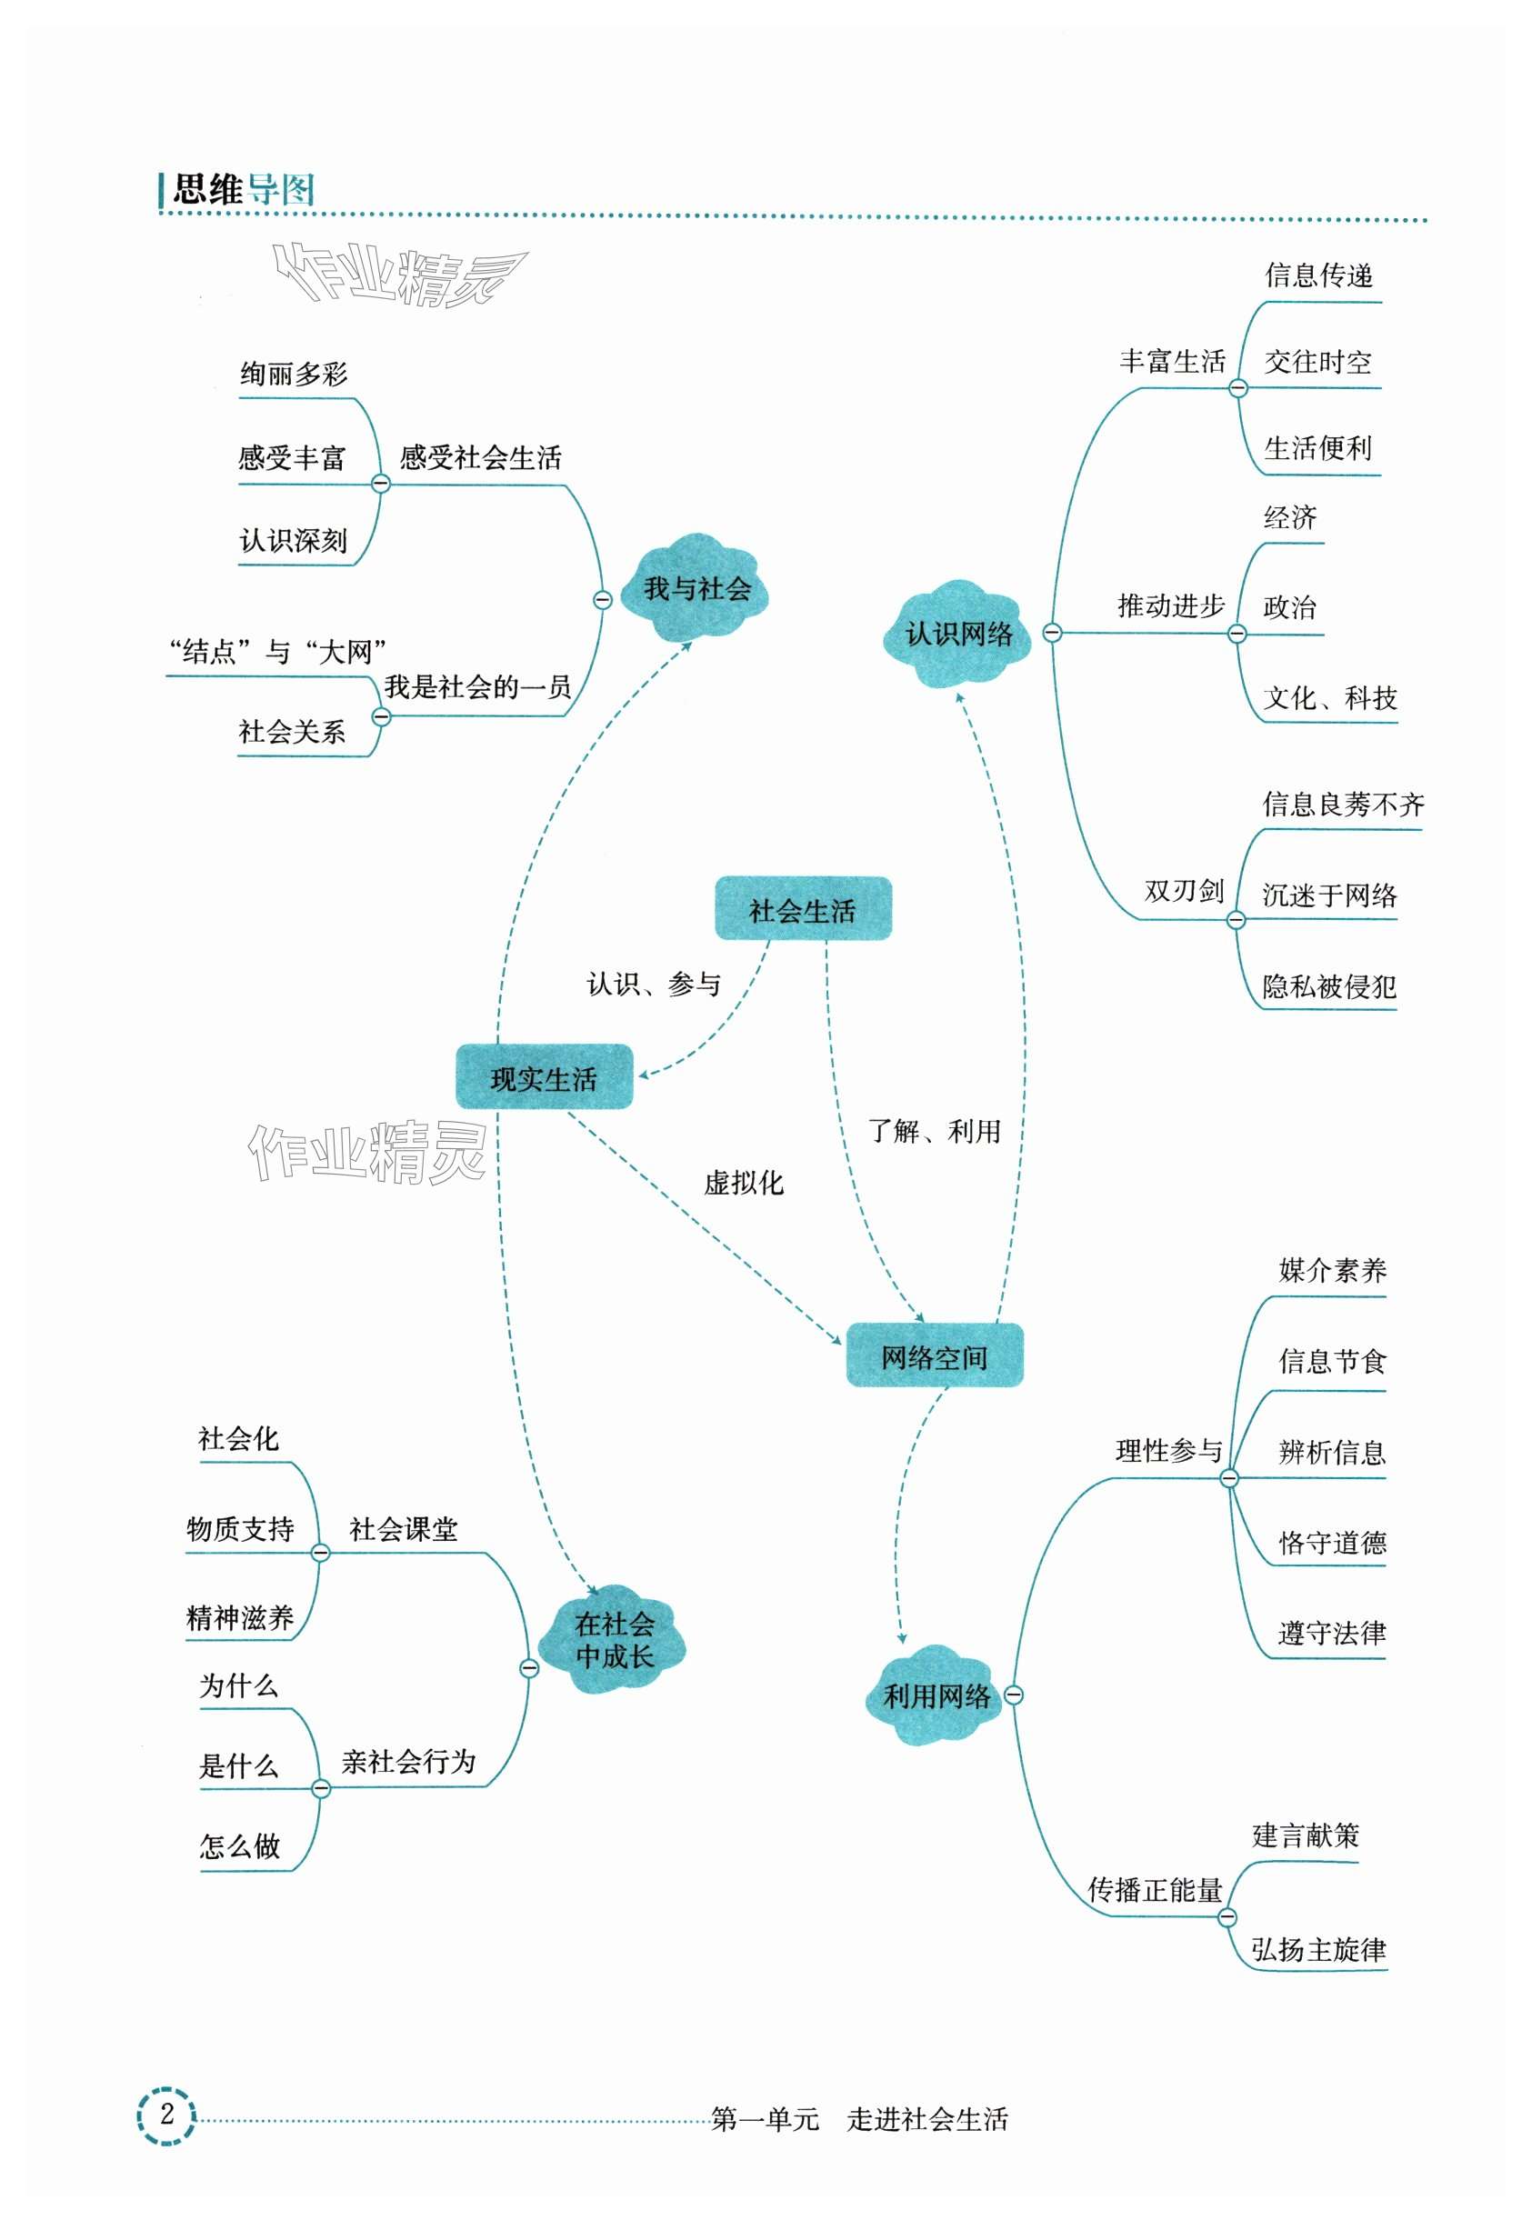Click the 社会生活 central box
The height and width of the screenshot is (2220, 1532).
coord(803,908)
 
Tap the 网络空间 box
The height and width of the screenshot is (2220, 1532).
coord(934,1355)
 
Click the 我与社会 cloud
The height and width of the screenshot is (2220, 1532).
coord(696,587)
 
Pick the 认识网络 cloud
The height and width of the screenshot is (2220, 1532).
coord(958,634)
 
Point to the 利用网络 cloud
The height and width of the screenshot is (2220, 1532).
coord(936,1695)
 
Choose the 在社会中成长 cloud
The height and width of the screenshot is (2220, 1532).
coord(614,1639)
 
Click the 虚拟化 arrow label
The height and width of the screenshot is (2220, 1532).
coord(743,1183)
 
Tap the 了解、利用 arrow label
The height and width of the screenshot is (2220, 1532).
coord(933,1131)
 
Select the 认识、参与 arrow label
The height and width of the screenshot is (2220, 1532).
coord(653,984)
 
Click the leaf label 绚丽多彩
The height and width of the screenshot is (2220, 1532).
coord(294,375)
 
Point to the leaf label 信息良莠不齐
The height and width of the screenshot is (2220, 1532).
coord(1342,805)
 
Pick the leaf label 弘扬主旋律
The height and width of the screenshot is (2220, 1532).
coord(1317,1948)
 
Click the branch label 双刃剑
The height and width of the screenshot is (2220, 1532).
coord(1183,891)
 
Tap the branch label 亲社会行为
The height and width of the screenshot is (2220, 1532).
coord(408,1761)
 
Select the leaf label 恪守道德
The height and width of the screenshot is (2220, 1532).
coord(1331,1543)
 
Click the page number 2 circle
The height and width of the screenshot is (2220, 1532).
coord(166,2114)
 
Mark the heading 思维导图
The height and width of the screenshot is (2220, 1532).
coord(243,190)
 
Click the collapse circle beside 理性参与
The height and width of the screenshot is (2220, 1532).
coord(1228,1478)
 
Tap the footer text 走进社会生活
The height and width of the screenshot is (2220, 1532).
coord(926,2118)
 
